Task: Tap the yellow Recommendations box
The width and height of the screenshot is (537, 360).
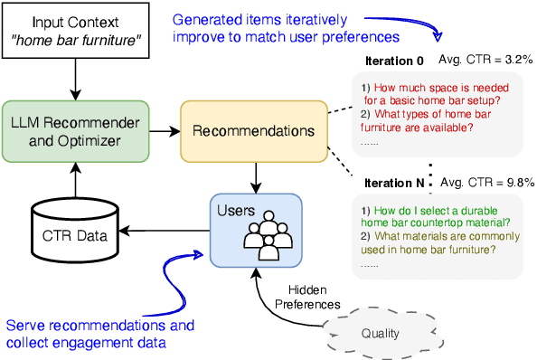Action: pos(259,132)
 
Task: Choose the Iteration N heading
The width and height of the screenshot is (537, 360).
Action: pos(394,182)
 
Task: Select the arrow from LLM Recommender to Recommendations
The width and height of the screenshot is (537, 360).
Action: pos(164,132)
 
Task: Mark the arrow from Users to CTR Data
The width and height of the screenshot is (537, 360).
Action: pos(167,231)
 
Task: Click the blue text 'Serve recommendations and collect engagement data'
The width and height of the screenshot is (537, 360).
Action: pos(99,332)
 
